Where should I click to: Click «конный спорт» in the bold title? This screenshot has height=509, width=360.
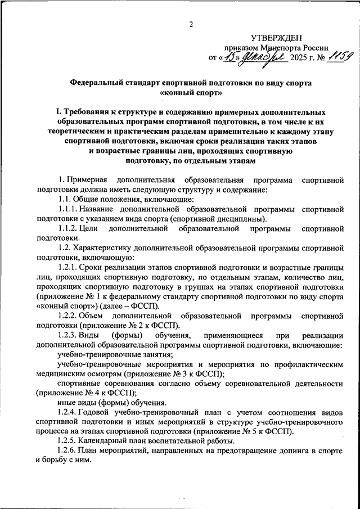191,92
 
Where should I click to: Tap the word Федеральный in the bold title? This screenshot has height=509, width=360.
100,82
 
